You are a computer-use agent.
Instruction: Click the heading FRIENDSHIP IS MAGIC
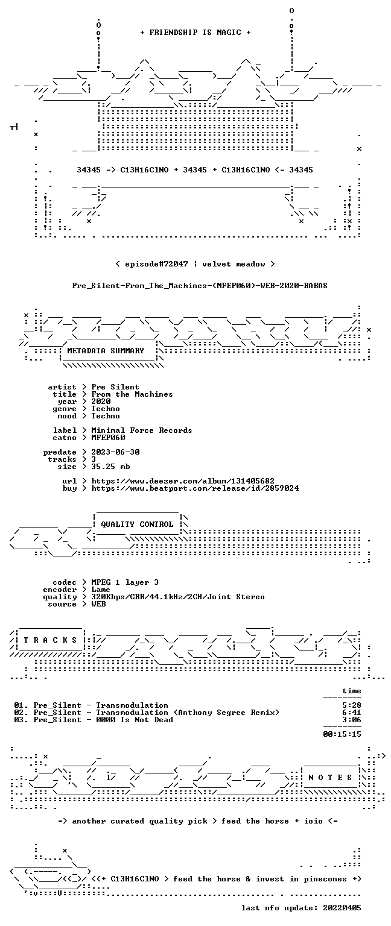coord(195,32)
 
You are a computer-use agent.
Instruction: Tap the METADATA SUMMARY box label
coord(106,350)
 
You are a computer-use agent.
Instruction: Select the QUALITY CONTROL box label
coord(137,524)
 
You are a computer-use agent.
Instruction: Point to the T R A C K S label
coord(50,640)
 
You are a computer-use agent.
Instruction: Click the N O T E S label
coord(330,778)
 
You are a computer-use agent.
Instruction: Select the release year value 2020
coord(101,402)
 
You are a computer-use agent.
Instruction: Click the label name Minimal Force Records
coord(142,430)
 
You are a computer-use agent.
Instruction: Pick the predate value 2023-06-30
coord(115,452)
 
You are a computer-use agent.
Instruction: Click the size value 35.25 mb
coord(111,466)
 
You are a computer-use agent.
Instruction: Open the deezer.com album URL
coord(183,480)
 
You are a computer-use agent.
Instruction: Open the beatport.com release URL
coord(195,488)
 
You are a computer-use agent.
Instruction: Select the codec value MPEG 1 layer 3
coord(125,582)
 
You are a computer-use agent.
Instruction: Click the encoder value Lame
coord(101,590)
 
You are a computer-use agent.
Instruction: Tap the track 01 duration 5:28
coord(352,705)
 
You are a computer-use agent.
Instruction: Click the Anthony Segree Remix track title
coord(188,712)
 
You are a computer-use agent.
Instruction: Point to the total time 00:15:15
coord(342,734)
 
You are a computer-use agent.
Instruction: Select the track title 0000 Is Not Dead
coord(135,720)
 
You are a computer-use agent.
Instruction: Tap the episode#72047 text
coord(156,263)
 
